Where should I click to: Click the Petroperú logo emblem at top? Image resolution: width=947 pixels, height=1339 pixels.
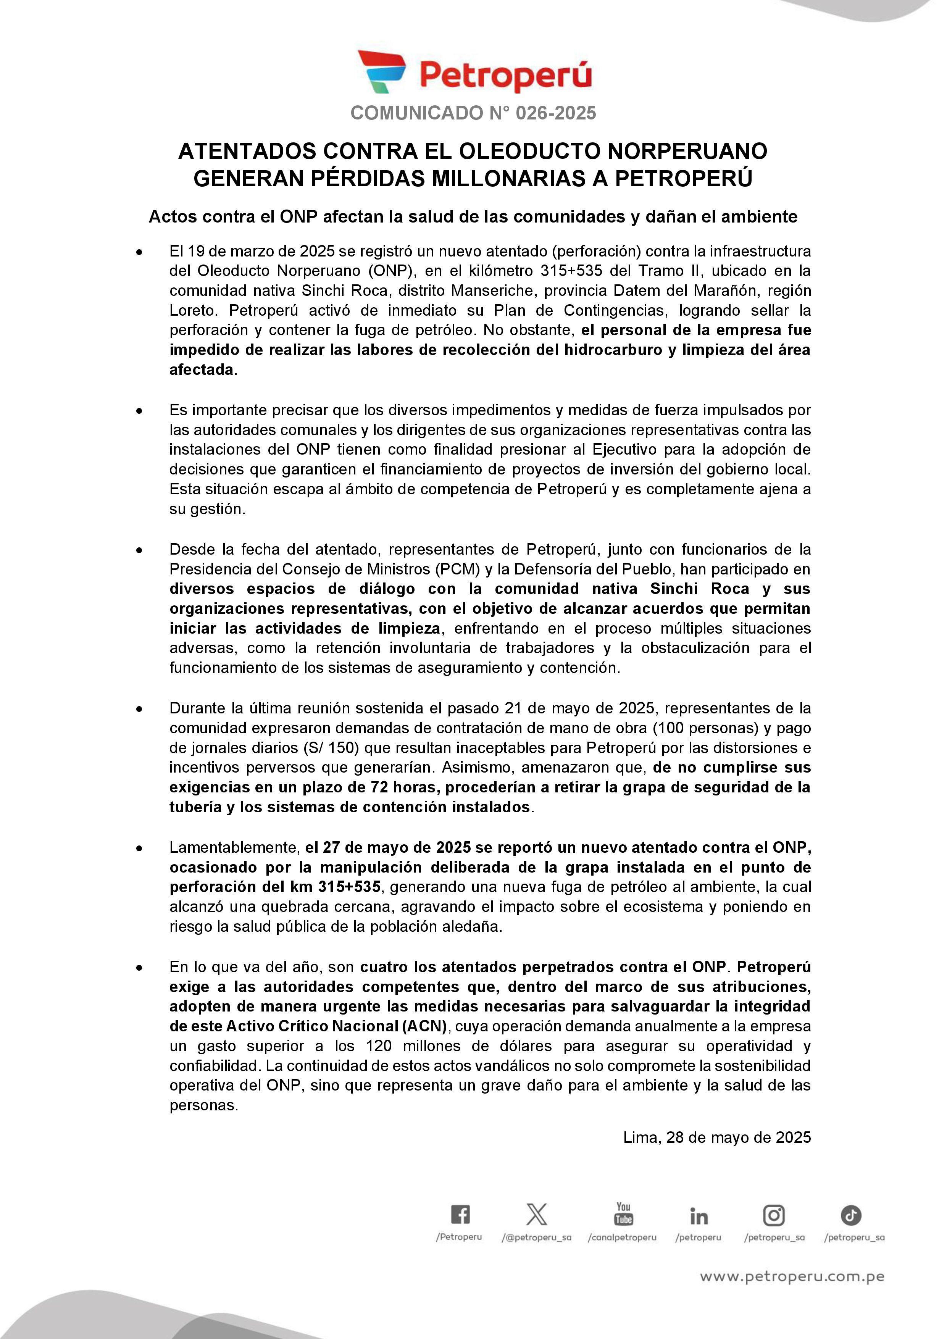coord(382,72)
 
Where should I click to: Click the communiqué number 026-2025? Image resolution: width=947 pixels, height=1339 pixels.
coord(556,113)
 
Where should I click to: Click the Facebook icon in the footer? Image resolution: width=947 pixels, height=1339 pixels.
coord(460,1215)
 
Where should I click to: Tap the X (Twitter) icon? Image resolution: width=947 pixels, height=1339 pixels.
coord(536,1215)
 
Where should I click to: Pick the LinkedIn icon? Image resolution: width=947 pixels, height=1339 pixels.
coord(699,1216)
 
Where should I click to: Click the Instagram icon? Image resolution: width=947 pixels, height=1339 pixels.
coord(774,1215)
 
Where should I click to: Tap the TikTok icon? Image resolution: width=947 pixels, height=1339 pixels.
coord(851,1215)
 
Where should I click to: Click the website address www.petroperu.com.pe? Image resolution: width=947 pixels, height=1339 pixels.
coord(792,1277)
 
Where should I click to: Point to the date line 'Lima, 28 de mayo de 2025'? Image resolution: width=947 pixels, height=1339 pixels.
coord(717,1137)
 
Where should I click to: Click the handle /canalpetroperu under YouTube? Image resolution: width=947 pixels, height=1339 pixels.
coord(622,1237)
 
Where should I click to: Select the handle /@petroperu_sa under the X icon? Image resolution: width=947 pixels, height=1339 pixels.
coord(536,1237)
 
